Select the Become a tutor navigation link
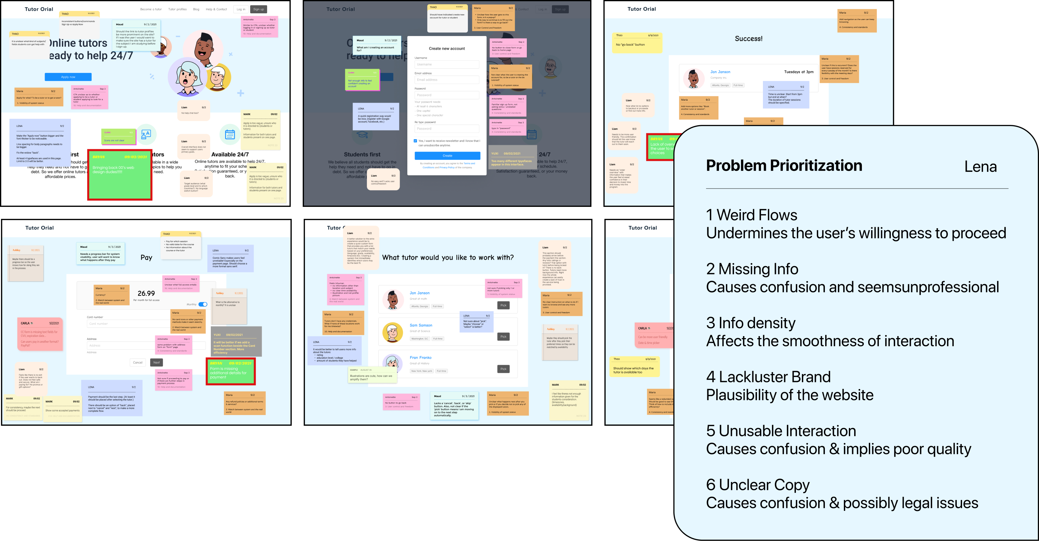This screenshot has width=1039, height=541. tap(151, 9)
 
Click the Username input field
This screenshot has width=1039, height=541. tap(447, 65)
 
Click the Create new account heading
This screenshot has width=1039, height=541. tap(447, 48)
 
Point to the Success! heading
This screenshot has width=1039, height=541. tap(748, 39)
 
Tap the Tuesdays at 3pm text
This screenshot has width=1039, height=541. tap(798, 72)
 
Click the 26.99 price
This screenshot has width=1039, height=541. tap(146, 293)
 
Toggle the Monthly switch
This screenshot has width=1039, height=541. tap(203, 304)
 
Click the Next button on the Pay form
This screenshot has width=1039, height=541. tap(157, 362)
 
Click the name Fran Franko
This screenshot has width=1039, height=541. tap(420, 357)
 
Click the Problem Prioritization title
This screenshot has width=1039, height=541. tap(784, 166)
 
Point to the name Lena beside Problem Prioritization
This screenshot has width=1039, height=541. tap(980, 167)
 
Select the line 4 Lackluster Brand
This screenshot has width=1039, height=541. tap(768, 377)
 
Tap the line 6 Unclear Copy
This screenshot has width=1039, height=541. tap(758, 484)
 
